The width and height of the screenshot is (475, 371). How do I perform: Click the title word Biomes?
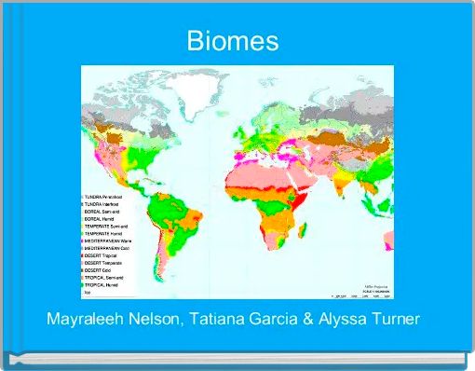pos(233,42)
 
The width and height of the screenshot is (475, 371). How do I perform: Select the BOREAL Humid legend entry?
pos(102,219)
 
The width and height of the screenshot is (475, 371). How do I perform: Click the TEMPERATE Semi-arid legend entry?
pos(107,227)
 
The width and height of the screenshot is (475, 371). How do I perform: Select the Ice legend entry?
pos(88,294)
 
